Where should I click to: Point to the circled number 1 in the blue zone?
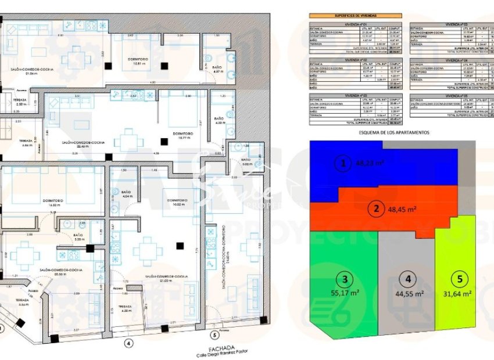[344, 164]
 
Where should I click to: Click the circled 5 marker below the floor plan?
[214, 334]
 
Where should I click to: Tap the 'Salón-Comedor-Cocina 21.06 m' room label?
[32, 71]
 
